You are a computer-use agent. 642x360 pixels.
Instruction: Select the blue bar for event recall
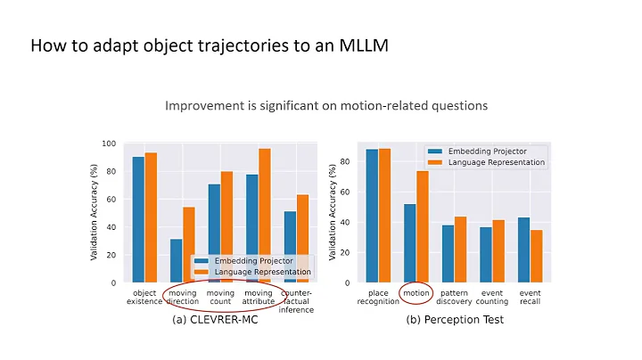(x=524, y=250)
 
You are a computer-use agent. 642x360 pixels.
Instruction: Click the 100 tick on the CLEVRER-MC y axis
(x=111, y=143)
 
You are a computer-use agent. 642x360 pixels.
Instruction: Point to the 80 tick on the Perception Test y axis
(x=344, y=161)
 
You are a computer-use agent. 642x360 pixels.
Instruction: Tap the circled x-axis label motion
(x=416, y=292)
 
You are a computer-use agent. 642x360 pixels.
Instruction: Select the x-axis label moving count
(x=220, y=297)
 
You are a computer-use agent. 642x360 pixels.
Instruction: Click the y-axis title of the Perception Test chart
(x=333, y=212)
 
